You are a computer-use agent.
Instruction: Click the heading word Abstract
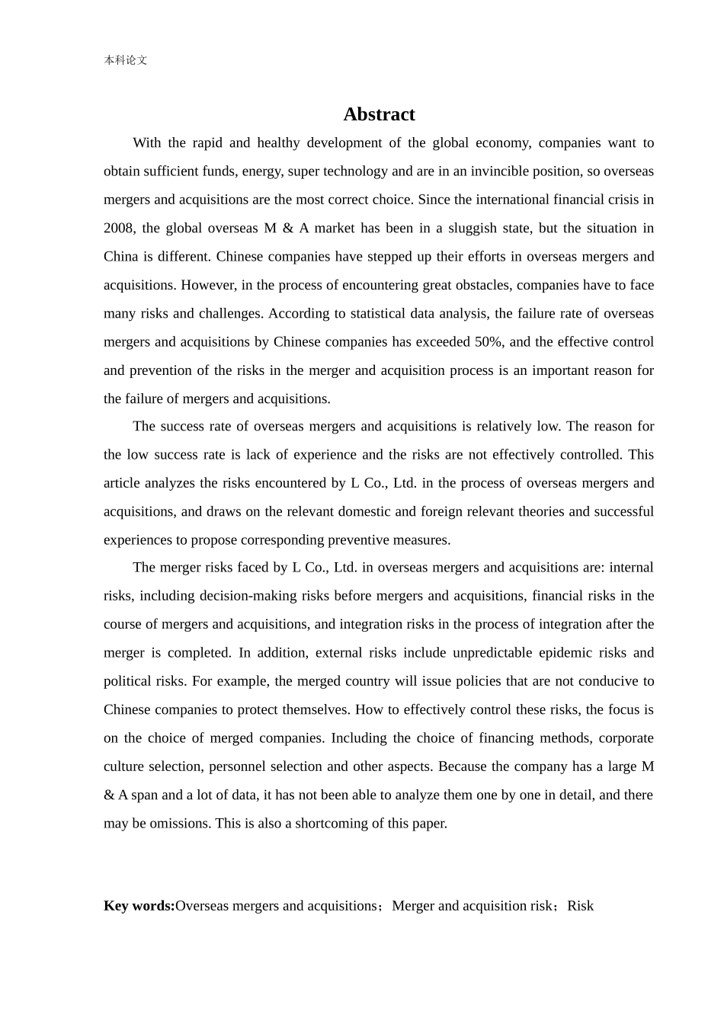tap(379, 114)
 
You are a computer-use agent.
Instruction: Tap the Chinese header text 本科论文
tap(125, 60)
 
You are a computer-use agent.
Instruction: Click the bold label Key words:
tap(139, 905)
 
